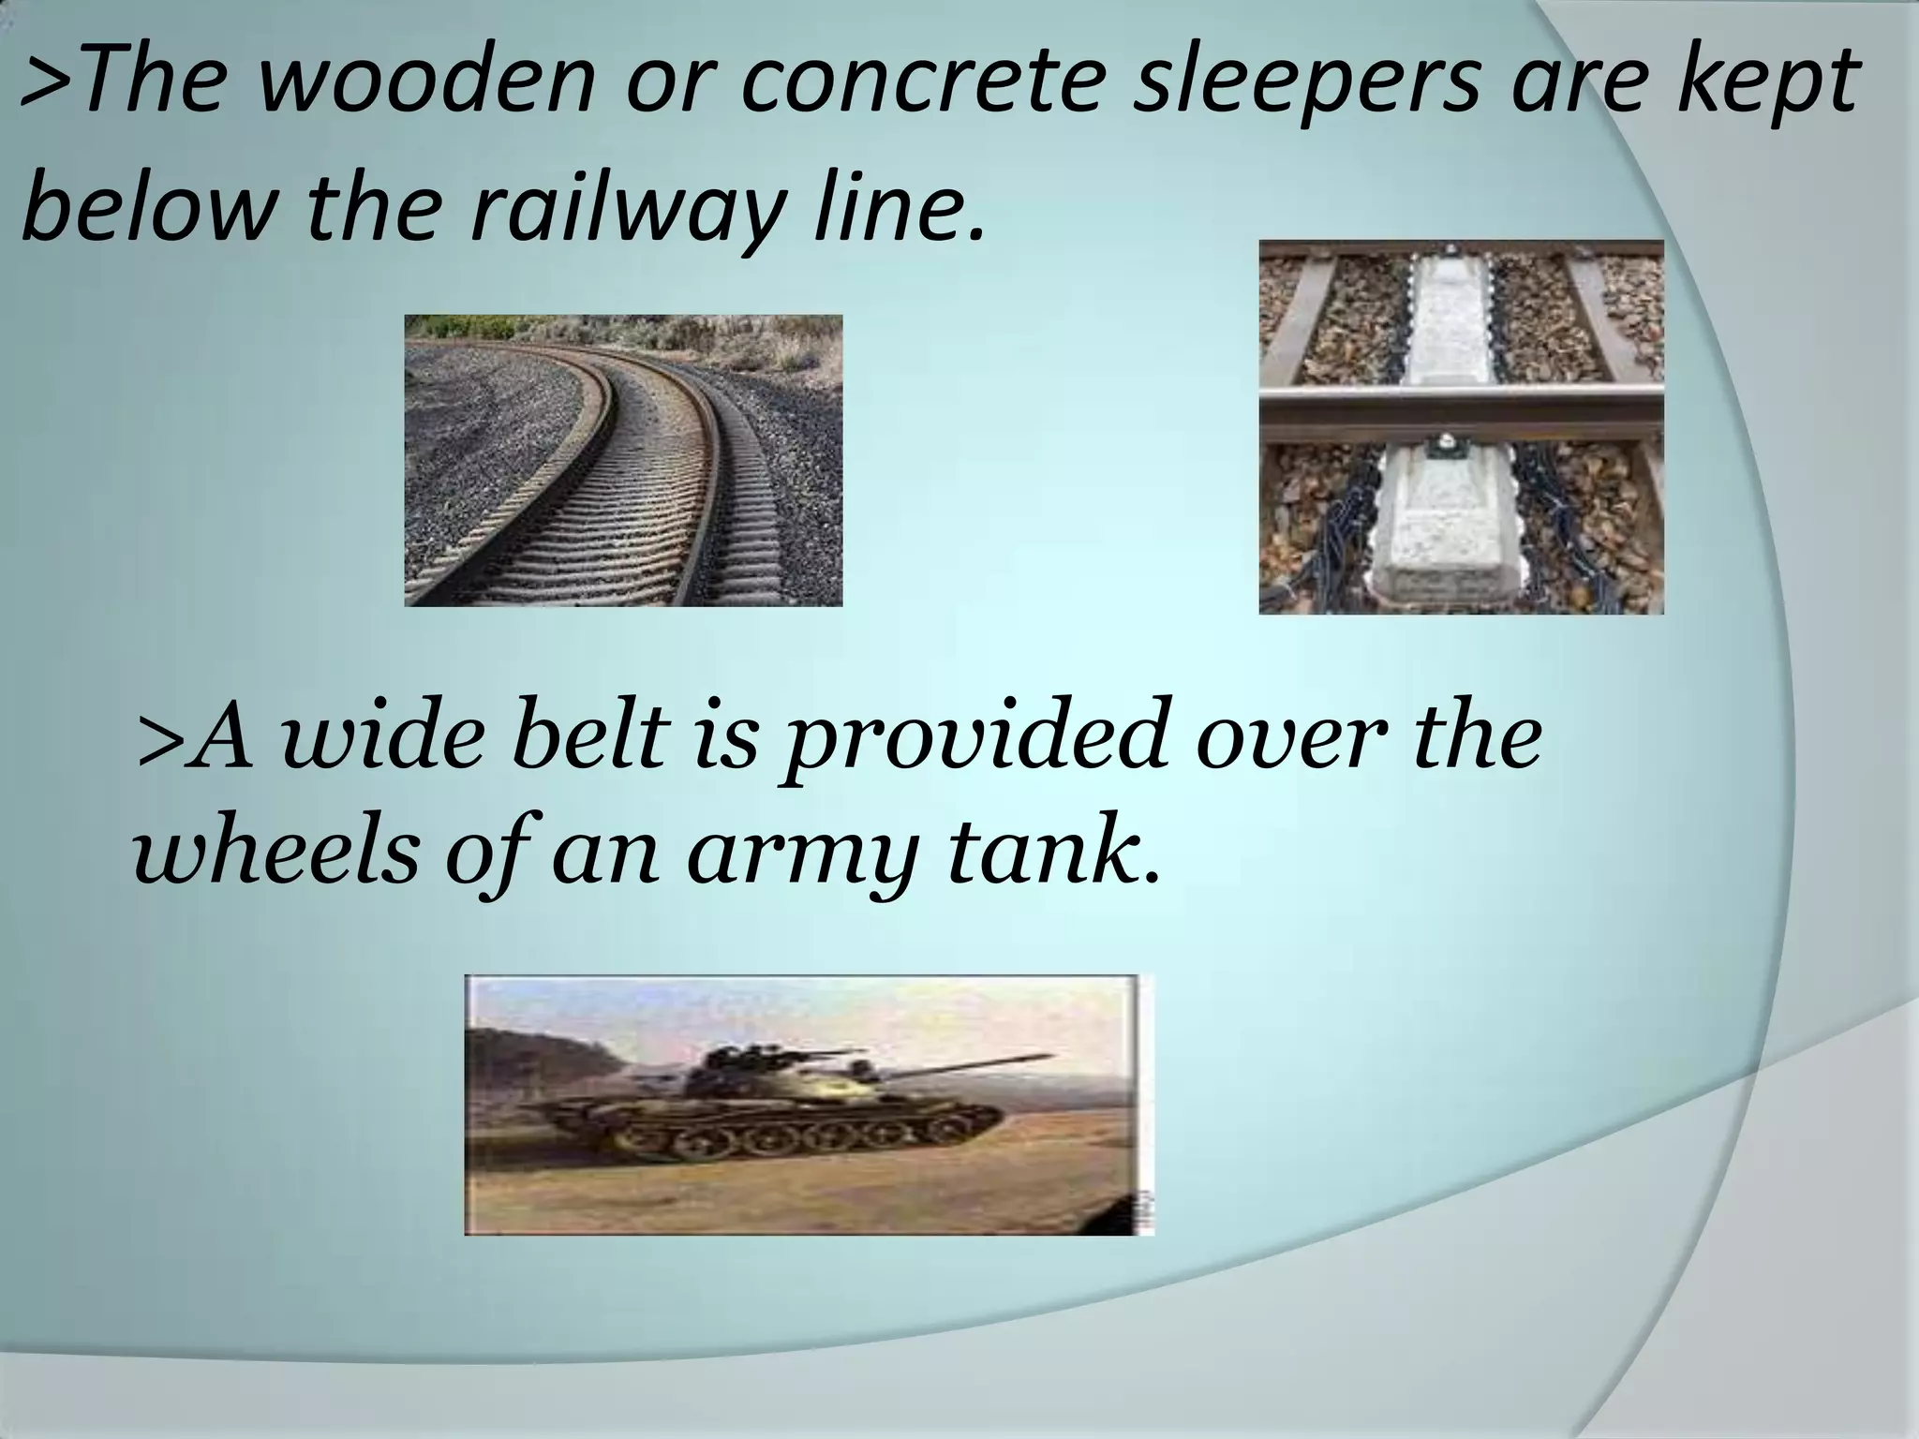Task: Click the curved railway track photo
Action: [x=623, y=460]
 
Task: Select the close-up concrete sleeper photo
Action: [x=1461, y=426]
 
